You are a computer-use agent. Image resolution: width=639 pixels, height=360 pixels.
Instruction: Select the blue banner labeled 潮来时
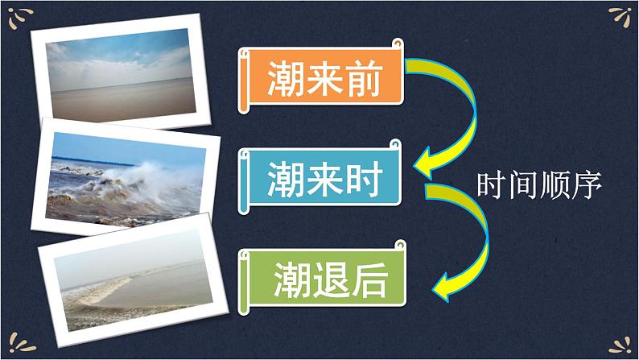322,176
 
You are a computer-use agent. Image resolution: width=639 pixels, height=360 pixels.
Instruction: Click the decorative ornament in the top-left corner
22,16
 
